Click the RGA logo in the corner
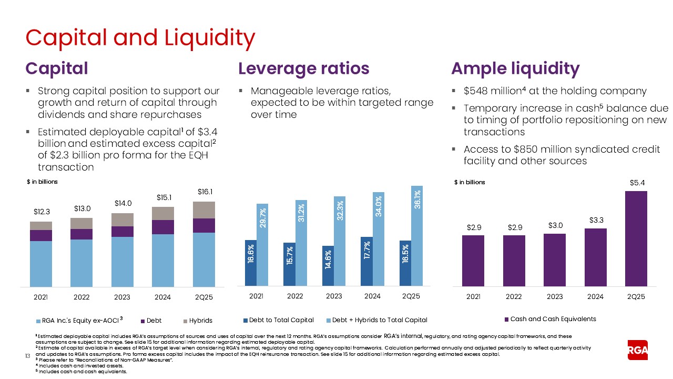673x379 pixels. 638,350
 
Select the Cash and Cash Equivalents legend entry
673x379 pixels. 549,319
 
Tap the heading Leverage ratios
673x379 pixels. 303,68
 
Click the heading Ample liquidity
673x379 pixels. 515,68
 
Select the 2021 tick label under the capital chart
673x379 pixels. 41,297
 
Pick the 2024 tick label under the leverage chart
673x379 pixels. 372,296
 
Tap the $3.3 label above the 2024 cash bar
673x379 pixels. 595,220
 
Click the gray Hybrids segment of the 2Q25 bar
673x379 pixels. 203,210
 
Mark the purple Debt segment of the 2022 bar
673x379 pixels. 81,234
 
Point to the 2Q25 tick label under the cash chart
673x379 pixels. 636,296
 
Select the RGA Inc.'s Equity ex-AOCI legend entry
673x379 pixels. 79,320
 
